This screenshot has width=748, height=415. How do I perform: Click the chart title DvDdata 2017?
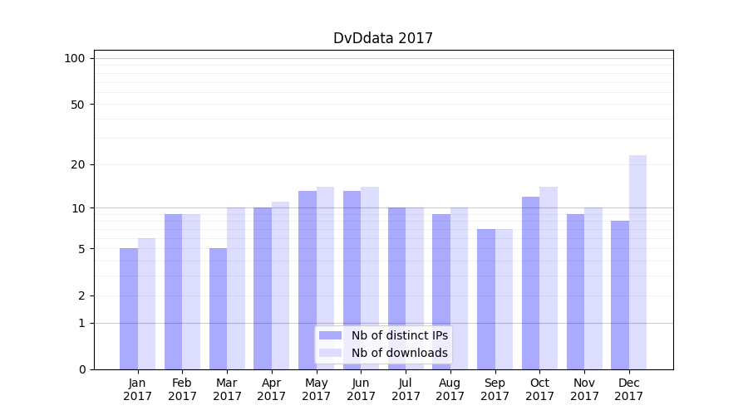point(382,38)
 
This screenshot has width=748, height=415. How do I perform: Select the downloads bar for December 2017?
point(637,262)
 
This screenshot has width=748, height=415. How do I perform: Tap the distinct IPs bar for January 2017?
point(129,309)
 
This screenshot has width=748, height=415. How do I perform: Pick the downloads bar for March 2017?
point(236,288)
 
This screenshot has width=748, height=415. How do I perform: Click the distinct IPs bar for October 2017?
point(530,282)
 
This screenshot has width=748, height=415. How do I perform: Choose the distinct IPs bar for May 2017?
point(308,280)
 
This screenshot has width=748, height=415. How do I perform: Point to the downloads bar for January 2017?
point(146,304)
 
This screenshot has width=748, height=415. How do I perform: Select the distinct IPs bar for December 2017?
point(620,295)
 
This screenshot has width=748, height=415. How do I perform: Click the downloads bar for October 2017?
point(549,278)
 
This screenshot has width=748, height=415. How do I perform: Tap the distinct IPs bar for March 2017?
point(218,309)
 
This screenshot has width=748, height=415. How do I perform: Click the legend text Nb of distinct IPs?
point(399,335)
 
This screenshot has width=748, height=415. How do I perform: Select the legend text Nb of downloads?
point(399,353)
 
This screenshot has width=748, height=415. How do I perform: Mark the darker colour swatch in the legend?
point(330,335)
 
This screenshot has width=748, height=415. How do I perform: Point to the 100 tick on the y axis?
point(75,58)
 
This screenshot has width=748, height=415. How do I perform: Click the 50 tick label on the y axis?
point(78,105)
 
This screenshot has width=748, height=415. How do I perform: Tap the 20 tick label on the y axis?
point(78,164)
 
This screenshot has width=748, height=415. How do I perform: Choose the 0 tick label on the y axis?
point(81,369)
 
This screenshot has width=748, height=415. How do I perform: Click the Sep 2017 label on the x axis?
point(495,389)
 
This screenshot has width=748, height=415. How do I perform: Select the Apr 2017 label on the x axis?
point(272,389)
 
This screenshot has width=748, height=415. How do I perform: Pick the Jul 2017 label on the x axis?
point(406,389)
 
